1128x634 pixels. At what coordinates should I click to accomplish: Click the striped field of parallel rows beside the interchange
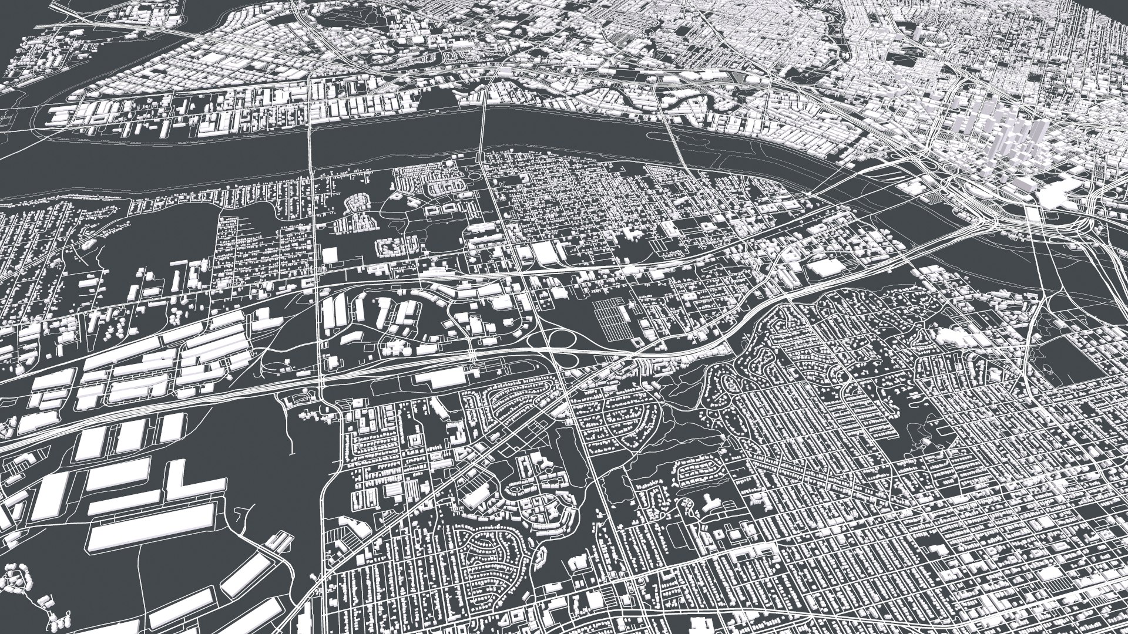coord(611,321)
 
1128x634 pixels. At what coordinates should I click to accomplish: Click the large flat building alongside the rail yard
coord(444,377)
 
